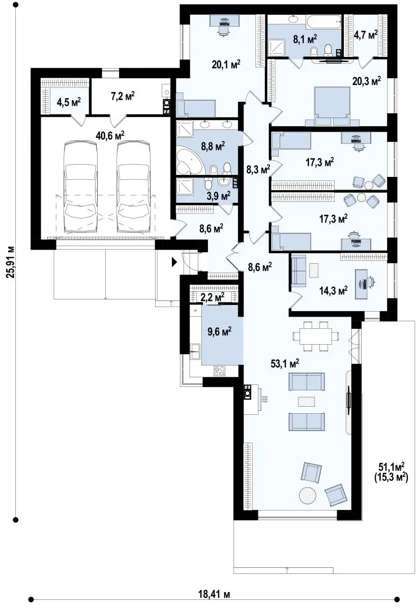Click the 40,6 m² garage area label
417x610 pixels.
[x=110, y=135]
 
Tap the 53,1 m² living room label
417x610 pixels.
[x=285, y=363]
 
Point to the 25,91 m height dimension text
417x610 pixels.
[x=10, y=262]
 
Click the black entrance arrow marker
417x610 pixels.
[x=174, y=262]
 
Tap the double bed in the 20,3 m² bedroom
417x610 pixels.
[x=332, y=106]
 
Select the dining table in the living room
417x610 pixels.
[x=315, y=336]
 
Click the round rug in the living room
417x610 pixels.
[x=308, y=496]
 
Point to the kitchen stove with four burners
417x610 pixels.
[x=220, y=371]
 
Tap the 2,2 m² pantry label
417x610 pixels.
[x=213, y=296]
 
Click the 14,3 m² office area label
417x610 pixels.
[x=334, y=291]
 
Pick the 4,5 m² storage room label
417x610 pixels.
[x=69, y=102]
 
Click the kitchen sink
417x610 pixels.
[x=195, y=352]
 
